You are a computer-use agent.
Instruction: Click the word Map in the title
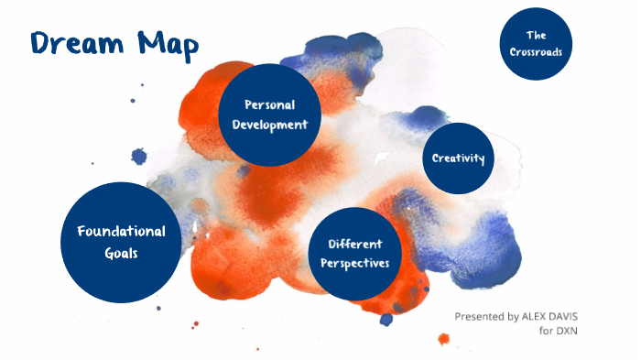(166, 42)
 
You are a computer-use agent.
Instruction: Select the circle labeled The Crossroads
(536, 43)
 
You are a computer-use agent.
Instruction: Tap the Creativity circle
(458, 158)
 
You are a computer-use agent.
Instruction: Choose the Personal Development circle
(269, 115)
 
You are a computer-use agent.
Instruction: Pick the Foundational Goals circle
(121, 242)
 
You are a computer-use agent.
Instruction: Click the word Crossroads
(536, 52)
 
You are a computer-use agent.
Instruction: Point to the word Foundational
(121, 231)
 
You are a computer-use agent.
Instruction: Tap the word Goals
(121, 253)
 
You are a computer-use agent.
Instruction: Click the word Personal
(269, 104)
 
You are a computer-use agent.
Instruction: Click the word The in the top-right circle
(536, 35)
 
